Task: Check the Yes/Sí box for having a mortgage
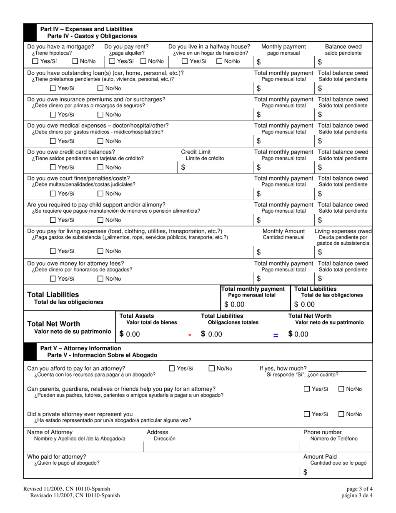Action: tap(35, 62)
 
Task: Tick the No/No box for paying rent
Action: tap(143, 62)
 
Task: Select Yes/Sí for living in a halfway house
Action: tap(185, 62)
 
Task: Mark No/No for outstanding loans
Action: tap(100, 88)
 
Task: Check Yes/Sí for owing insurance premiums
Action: tap(53, 115)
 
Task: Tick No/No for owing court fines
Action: tap(100, 194)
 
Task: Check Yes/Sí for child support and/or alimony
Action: tap(53, 220)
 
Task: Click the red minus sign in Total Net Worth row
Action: tap(190, 334)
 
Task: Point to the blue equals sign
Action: tap(275, 334)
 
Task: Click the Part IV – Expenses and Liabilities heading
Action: tap(86, 29)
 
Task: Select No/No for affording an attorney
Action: tap(212, 368)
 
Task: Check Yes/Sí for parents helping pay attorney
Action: tap(307, 389)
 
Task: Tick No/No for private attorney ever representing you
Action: tap(341, 414)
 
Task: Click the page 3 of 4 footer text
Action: tap(359, 489)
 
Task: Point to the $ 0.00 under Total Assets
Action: tap(130, 334)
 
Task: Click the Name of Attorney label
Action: tap(50, 432)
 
